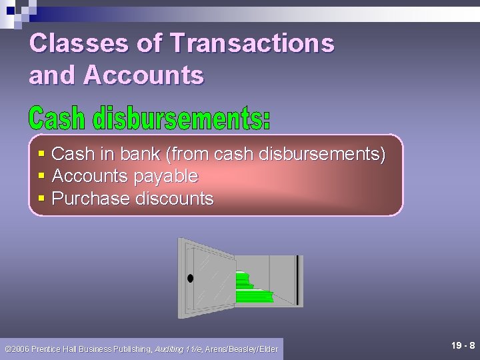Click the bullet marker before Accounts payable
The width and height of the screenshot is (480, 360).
tap(41, 177)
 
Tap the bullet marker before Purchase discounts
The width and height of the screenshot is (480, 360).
tap(41, 199)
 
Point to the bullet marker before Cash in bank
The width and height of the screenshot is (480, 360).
tap(41, 155)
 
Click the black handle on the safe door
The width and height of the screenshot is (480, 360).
tap(191, 279)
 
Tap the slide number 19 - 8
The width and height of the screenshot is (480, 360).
tap(463, 345)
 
